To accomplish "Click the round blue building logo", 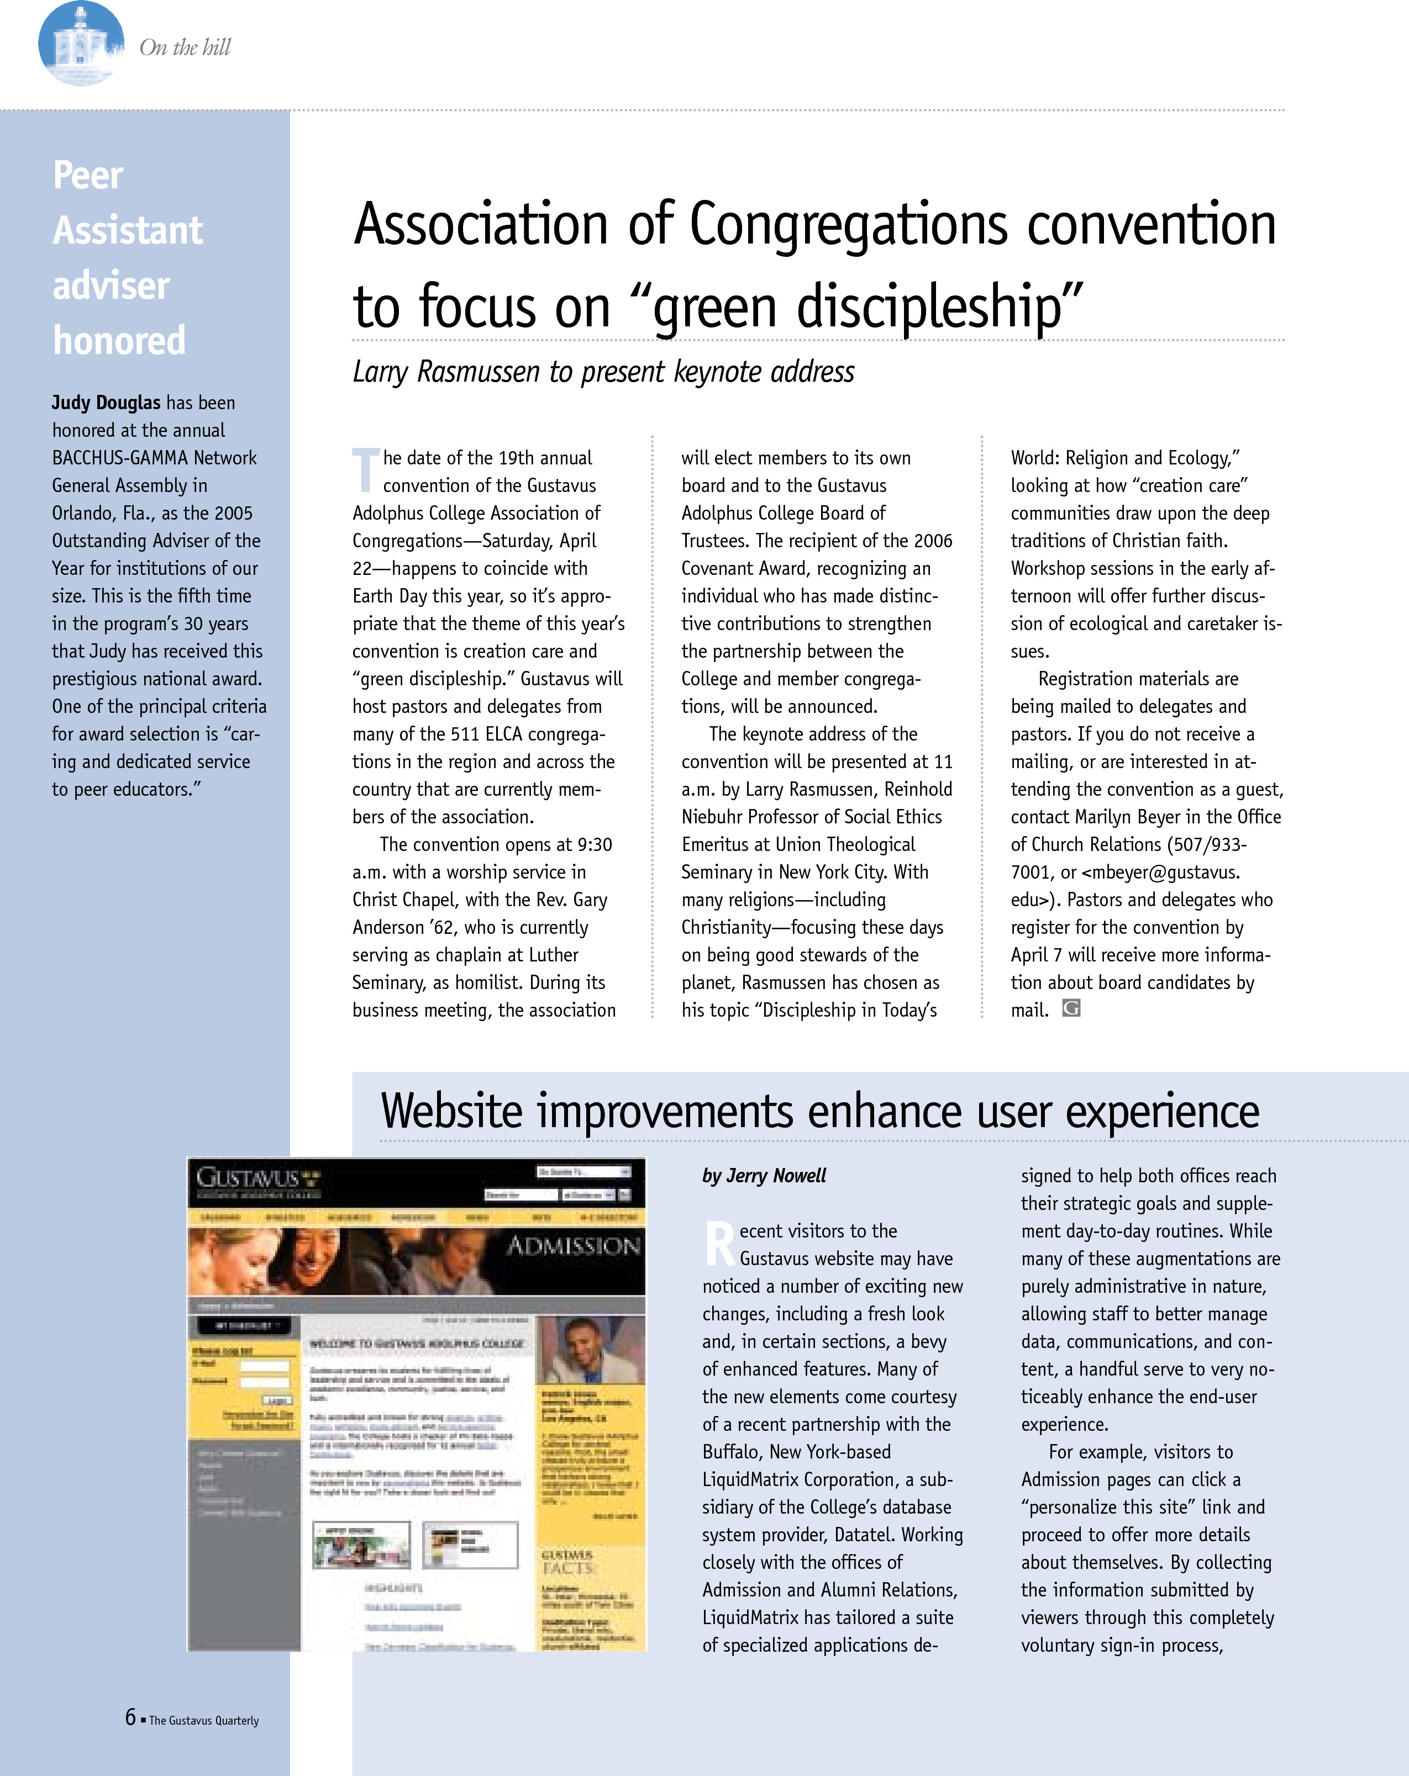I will (81, 44).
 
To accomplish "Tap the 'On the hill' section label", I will (186, 48).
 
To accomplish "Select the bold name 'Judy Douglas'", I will (106, 403).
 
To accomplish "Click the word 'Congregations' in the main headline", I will (848, 225).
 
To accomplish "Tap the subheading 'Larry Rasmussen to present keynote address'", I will (603, 372).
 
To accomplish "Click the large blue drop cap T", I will (365, 469).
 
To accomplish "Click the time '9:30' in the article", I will (594, 844).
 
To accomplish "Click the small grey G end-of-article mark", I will (1070, 1008).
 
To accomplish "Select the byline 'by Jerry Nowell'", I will (764, 1176).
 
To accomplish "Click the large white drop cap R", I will (719, 1244).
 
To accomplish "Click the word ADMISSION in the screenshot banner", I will (572, 1245).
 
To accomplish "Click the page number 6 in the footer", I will (130, 1717).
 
